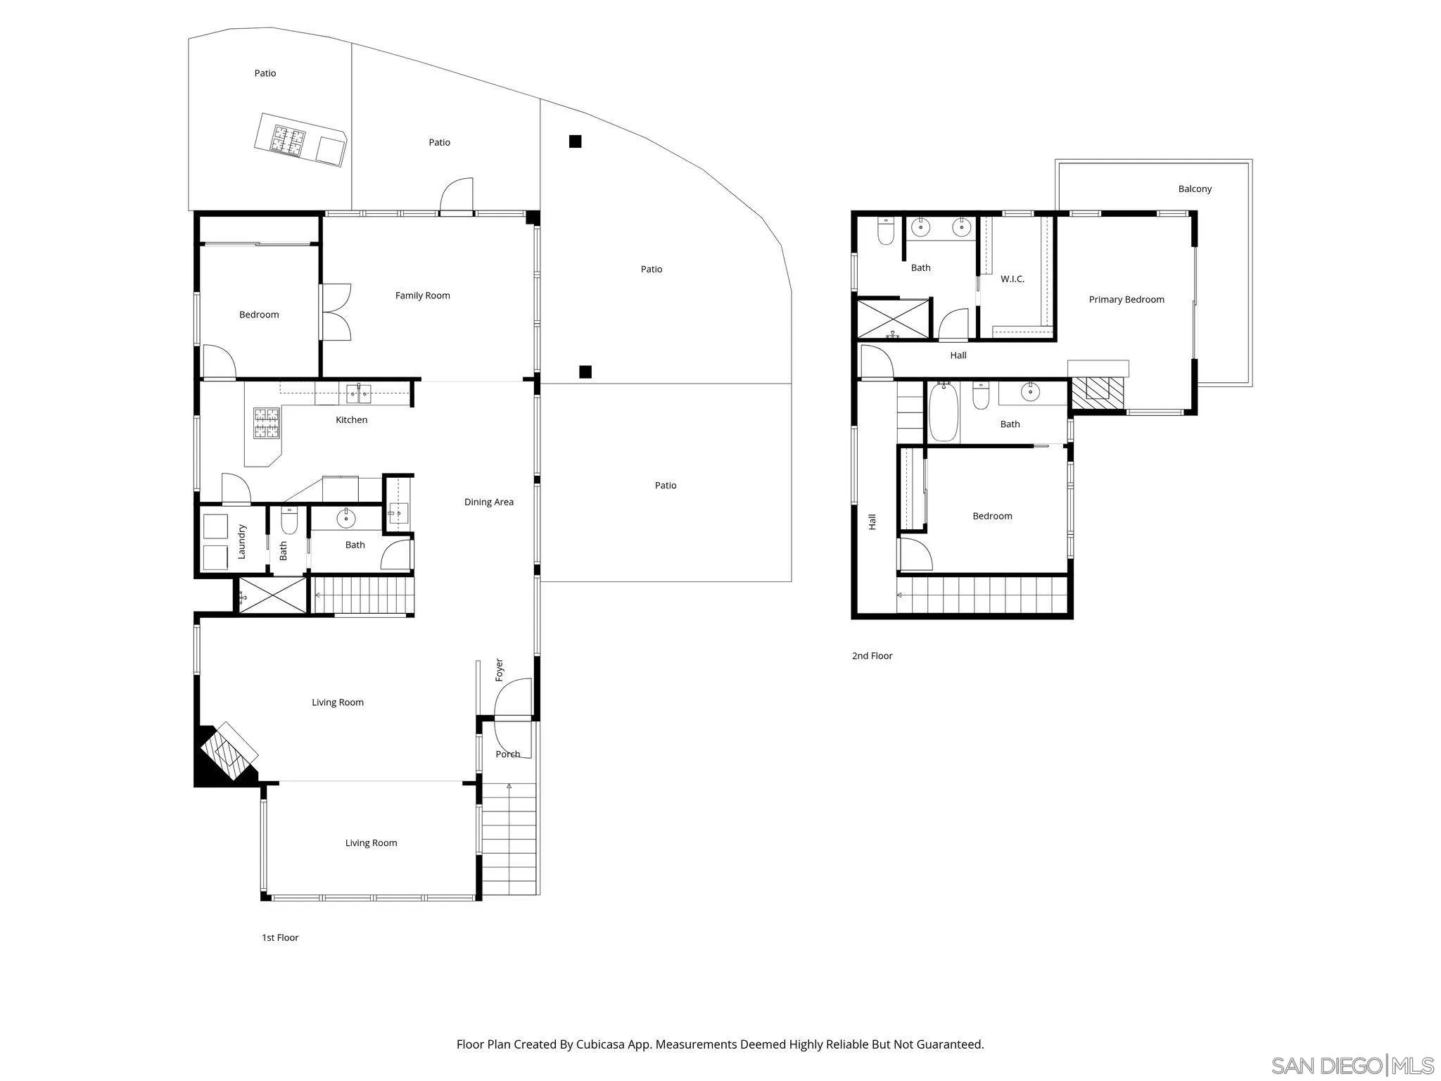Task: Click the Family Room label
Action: pyautogui.click(x=422, y=296)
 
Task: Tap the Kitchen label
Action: pyautogui.click(x=351, y=419)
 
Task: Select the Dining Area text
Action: pyautogui.click(x=488, y=502)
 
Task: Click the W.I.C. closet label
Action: pyautogui.click(x=1012, y=279)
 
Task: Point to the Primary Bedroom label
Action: pyautogui.click(x=1126, y=300)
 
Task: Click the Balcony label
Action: pyautogui.click(x=1195, y=189)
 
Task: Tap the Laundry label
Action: pyautogui.click(x=241, y=541)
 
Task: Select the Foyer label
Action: pyautogui.click(x=499, y=669)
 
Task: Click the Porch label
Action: pyautogui.click(x=507, y=754)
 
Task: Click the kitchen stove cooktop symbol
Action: pyautogui.click(x=267, y=424)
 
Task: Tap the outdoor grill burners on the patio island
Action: pyautogui.click(x=289, y=139)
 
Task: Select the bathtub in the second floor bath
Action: pyautogui.click(x=944, y=412)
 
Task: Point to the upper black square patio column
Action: pyautogui.click(x=575, y=141)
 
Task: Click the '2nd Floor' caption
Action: pyautogui.click(x=872, y=656)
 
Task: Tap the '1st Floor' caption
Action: pyautogui.click(x=280, y=937)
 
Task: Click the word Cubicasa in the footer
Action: pyautogui.click(x=601, y=1044)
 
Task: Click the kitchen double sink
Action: pyautogui.click(x=360, y=394)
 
